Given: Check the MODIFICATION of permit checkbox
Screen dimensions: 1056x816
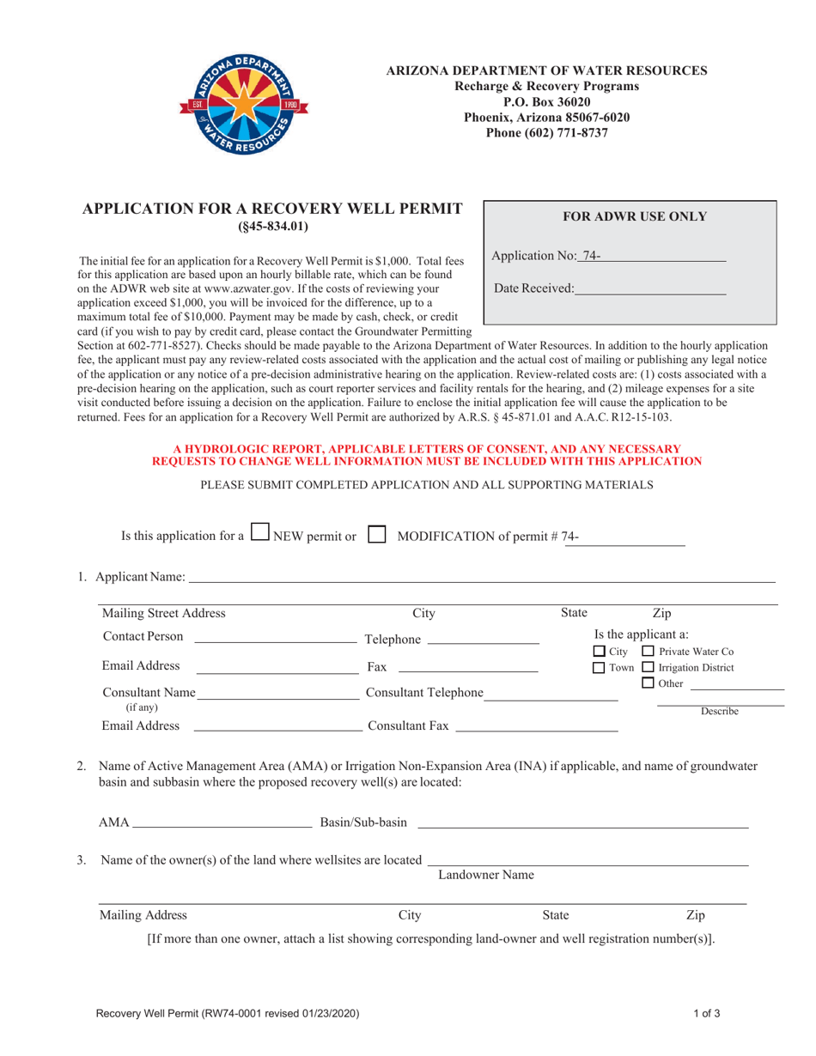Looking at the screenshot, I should pyautogui.click(x=375, y=534).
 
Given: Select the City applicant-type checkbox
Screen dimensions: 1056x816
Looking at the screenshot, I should pyautogui.click(x=600, y=652).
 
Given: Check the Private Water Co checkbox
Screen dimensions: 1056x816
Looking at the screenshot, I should pyautogui.click(x=649, y=652).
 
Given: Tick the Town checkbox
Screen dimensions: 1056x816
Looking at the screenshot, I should pyautogui.click(x=600, y=668).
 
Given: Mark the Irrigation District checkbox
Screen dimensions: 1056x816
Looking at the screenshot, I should pyautogui.click(x=649, y=668).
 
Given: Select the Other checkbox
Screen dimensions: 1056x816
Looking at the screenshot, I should pyautogui.click(x=649, y=683).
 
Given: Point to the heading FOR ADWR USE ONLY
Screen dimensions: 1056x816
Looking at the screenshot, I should pyautogui.click(x=634, y=217).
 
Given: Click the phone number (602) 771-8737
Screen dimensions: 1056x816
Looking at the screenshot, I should pyautogui.click(x=546, y=133).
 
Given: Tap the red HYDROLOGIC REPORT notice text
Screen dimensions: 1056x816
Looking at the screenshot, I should pyautogui.click(x=427, y=455).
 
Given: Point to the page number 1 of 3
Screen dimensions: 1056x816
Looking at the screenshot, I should pyautogui.click(x=707, y=1014).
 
